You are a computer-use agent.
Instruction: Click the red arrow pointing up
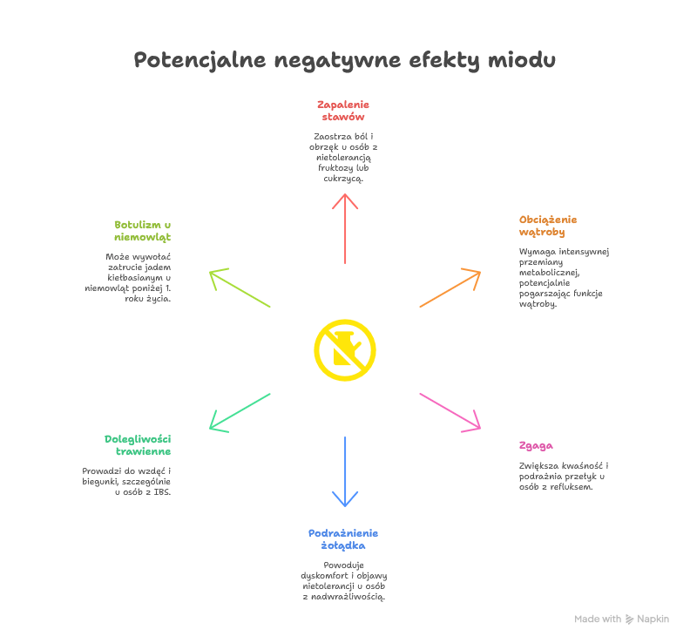(345, 228)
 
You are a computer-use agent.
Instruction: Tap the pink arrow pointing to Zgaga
(450, 412)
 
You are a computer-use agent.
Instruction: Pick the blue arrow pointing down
(345, 471)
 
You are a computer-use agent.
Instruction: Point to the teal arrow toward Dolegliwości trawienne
(240, 412)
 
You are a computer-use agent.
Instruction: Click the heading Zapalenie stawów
(342, 110)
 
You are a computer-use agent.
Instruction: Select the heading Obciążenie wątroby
(547, 226)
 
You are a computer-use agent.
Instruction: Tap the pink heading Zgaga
(535, 445)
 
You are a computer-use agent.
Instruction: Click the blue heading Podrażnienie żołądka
(342, 538)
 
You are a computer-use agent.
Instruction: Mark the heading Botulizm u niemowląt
(142, 230)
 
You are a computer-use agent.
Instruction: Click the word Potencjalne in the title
(200, 61)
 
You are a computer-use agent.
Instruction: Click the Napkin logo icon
(630, 619)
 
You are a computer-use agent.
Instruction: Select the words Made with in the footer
(598, 619)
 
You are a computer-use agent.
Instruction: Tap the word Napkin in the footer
(653, 619)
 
